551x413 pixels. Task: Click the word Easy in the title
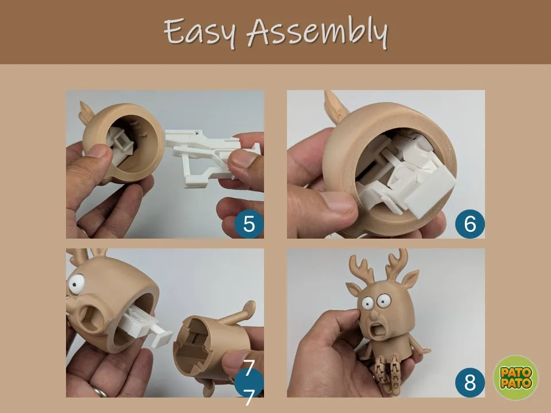(199, 32)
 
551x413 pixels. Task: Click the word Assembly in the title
(317, 32)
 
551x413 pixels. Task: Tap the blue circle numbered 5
(249, 224)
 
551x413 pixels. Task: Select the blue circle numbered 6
(470, 224)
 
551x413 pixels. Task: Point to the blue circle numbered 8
(470, 383)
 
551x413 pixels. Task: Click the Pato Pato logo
(515, 377)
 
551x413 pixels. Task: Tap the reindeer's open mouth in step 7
(92, 318)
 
